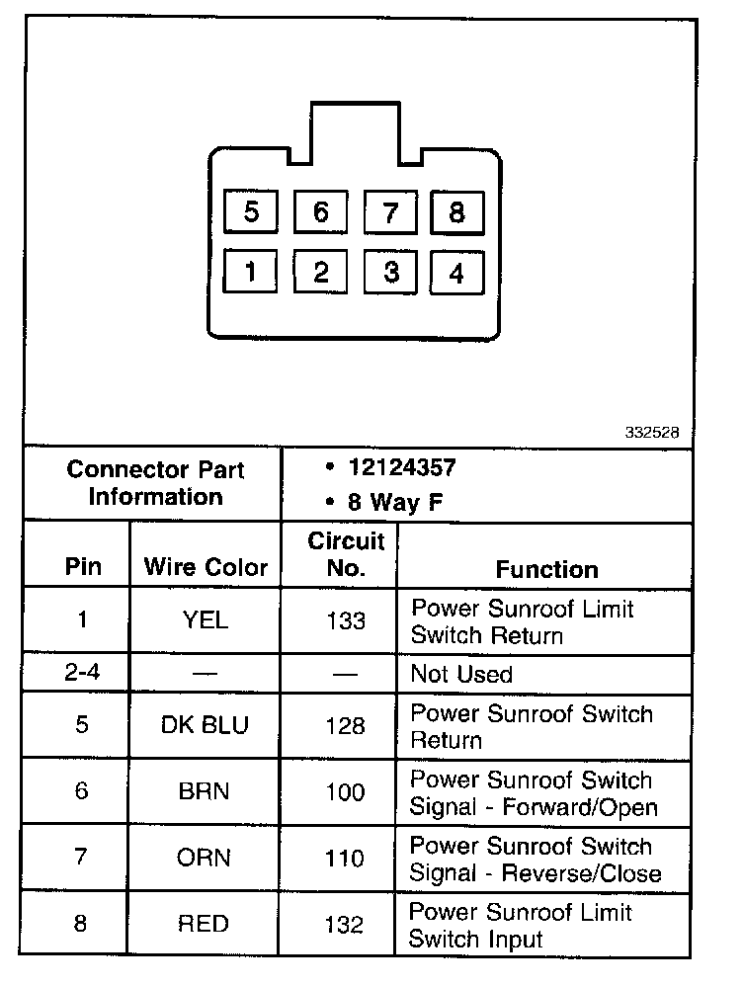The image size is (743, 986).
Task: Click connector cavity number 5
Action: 251,212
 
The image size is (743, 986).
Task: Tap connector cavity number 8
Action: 456,212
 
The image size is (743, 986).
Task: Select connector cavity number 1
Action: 251,272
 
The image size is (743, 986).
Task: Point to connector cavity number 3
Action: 391,272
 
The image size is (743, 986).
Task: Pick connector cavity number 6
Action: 321,212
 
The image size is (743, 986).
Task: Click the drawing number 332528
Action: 652,433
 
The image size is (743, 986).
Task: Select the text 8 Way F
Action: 394,502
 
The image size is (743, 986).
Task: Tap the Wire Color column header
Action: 206,567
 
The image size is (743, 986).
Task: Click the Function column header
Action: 546,569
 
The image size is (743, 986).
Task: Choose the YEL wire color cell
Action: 205,620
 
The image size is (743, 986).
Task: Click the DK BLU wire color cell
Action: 205,725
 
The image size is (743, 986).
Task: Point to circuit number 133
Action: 345,620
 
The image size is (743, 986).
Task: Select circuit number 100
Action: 345,792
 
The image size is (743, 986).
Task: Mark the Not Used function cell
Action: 461,675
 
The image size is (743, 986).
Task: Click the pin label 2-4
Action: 82,675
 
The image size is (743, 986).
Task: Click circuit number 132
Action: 345,925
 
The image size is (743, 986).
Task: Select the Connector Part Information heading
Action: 155,482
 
